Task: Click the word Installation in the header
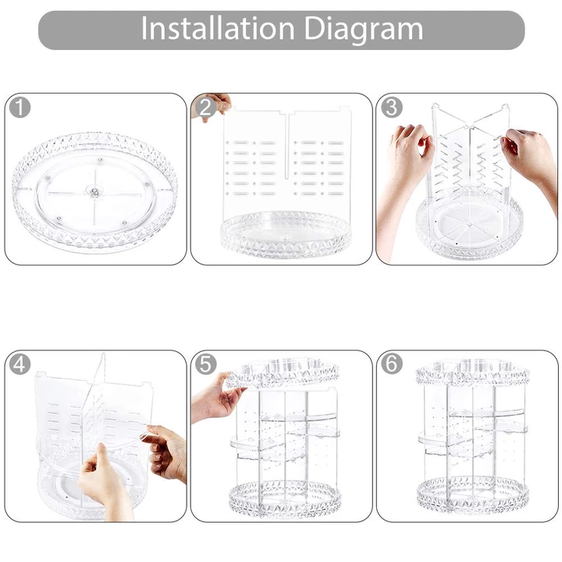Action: (218, 28)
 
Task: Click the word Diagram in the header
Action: (364, 30)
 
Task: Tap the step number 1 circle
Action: (20, 107)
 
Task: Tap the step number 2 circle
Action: (206, 107)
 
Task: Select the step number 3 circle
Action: (391, 107)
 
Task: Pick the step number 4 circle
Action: (20, 365)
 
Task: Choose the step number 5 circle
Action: (206, 365)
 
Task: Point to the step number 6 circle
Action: (391, 365)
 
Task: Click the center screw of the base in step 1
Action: (94, 192)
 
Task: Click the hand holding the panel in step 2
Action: (214, 105)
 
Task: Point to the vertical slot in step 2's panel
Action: (287, 146)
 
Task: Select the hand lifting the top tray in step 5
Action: (215, 398)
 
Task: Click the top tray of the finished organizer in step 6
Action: (473, 372)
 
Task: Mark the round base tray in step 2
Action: (286, 234)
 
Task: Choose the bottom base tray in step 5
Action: (285, 498)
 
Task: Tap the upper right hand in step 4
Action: (165, 452)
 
